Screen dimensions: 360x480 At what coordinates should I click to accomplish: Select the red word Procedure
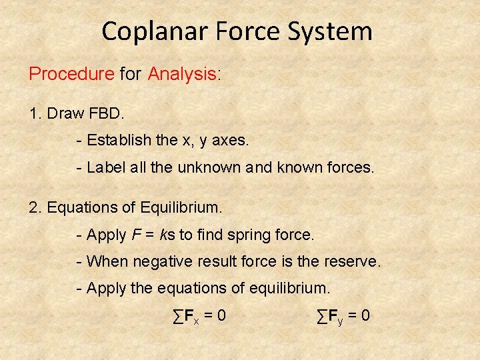[71, 74]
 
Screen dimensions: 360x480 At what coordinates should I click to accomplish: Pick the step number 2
[34, 207]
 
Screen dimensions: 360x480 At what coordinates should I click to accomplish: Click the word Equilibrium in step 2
[181, 207]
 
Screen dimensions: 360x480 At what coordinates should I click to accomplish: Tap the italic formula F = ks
[157, 235]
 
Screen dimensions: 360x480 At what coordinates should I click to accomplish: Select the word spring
[247, 235]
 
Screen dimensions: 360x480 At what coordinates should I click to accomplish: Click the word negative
[163, 261]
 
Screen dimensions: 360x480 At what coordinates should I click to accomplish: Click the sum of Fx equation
[199, 315]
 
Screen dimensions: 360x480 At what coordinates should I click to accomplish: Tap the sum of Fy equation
[343, 315]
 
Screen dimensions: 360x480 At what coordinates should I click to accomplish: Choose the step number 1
[34, 113]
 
